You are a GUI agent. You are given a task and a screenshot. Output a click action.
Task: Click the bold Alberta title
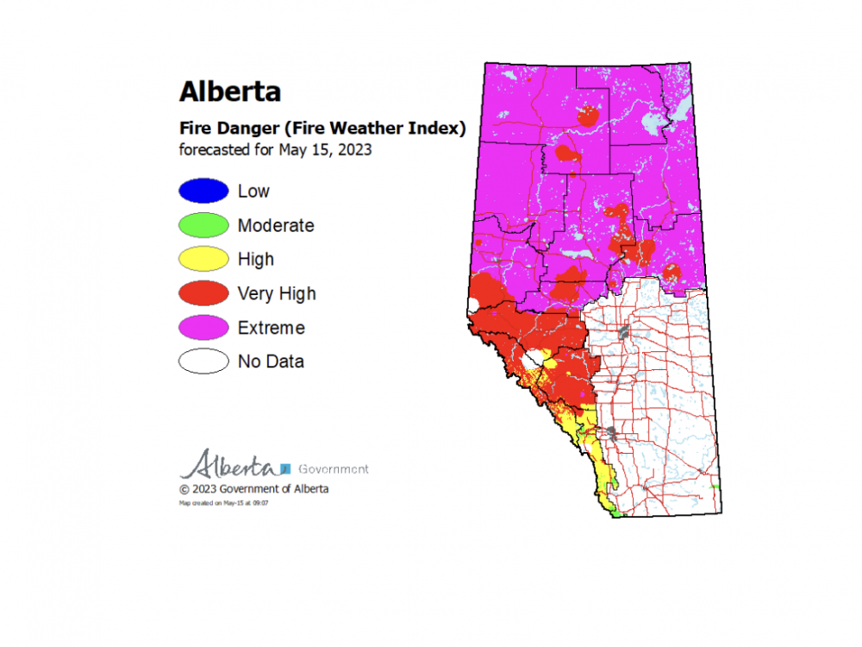(x=229, y=91)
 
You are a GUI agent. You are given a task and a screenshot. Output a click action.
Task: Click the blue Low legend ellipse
(x=203, y=192)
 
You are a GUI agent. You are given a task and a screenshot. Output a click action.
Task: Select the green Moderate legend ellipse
(x=203, y=226)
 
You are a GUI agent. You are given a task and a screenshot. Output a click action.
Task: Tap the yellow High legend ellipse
(x=203, y=260)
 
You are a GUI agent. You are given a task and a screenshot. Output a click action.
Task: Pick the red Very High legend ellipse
(x=203, y=294)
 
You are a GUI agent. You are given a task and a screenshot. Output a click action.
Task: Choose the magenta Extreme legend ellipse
(x=203, y=328)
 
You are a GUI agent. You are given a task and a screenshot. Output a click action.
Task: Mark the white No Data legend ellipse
(x=203, y=361)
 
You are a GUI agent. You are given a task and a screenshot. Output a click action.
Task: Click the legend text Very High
(x=277, y=294)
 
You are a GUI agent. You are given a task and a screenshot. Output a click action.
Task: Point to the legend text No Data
(x=271, y=361)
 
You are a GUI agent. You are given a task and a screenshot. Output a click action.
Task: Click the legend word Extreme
(x=271, y=328)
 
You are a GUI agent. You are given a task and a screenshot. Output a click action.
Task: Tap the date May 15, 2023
(x=325, y=149)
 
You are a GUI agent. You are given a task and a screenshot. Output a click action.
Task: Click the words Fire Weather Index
(x=395, y=129)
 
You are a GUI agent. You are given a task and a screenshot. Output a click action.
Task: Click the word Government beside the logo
(x=333, y=469)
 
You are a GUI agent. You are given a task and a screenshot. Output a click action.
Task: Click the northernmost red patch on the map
(x=590, y=115)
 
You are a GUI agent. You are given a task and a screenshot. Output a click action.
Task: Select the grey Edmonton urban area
(x=622, y=331)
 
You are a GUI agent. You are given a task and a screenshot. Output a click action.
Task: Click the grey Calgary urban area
(x=611, y=430)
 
